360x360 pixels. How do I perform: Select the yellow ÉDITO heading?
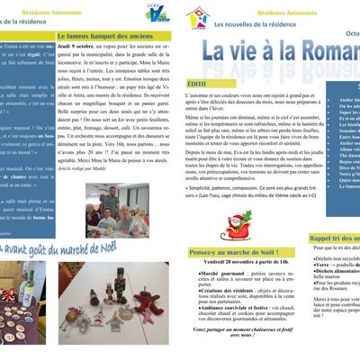(x=197, y=83)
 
